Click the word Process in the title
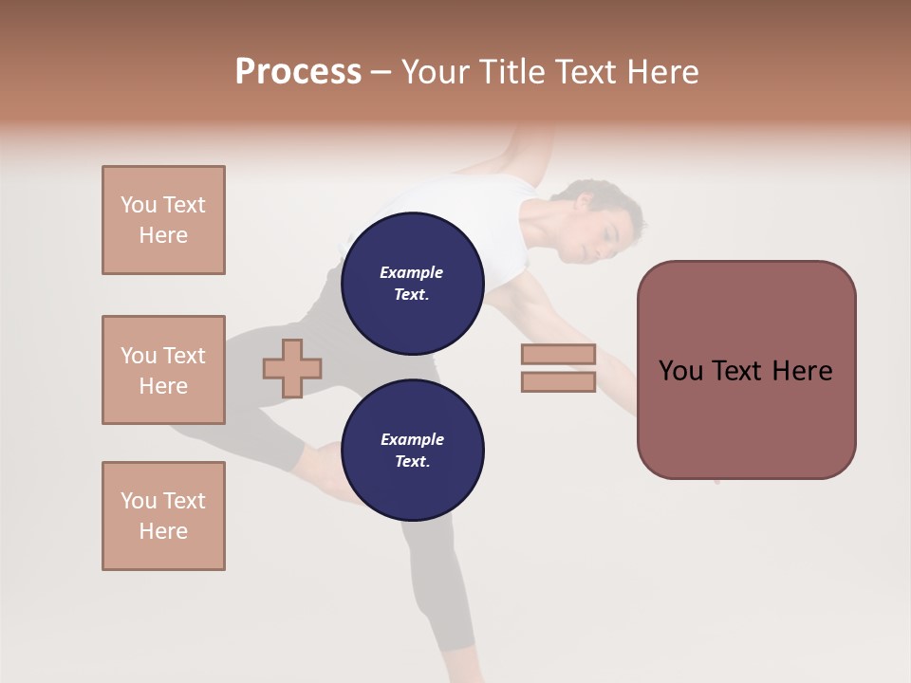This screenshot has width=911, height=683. [x=298, y=72]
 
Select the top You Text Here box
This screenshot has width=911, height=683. [x=163, y=220]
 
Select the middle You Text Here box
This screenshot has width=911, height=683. [x=163, y=370]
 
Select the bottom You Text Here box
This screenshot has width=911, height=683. [x=163, y=516]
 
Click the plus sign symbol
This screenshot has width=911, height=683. [x=292, y=368]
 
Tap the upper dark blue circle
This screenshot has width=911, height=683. [x=412, y=284]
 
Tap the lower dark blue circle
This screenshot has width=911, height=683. [x=412, y=451]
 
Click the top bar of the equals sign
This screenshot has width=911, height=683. [x=558, y=355]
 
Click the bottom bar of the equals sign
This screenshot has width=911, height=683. [x=558, y=382]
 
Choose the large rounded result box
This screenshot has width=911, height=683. [x=746, y=370]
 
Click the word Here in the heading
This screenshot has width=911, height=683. [x=661, y=72]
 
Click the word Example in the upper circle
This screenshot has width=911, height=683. [x=412, y=272]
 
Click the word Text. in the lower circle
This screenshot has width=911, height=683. [x=412, y=461]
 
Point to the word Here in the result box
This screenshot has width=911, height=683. [x=802, y=371]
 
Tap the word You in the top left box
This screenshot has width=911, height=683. [x=139, y=205]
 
